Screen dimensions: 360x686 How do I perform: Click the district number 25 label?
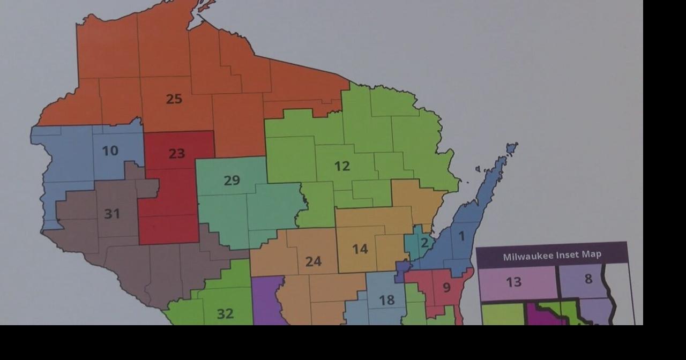pyautogui.click(x=174, y=99)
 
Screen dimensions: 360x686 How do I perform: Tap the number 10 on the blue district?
pyautogui.click(x=110, y=151)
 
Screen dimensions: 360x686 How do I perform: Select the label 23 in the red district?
pyautogui.click(x=177, y=154)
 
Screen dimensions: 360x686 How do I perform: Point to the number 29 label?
pyautogui.click(x=232, y=181)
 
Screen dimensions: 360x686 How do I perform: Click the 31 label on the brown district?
pyautogui.click(x=112, y=214)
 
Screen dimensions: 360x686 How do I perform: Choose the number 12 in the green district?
pyautogui.click(x=342, y=167)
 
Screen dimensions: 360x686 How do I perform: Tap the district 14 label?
pyautogui.click(x=360, y=249)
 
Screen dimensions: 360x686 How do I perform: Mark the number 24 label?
pyautogui.click(x=314, y=261)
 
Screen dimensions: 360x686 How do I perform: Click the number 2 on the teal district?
pyautogui.click(x=424, y=243)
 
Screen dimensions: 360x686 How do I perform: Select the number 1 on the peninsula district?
pyautogui.click(x=461, y=236)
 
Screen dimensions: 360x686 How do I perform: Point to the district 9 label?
pyautogui.click(x=446, y=288)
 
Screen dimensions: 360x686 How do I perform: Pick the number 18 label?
pyautogui.click(x=386, y=301)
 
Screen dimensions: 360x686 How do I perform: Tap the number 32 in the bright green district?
pyautogui.click(x=225, y=314)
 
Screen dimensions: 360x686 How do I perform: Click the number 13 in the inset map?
pyautogui.click(x=513, y=282)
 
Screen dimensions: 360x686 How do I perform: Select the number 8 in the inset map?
pyautogui.click(x=588, y=279)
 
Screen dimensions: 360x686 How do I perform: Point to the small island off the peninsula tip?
pyautogui.click(x=512, y=147)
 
